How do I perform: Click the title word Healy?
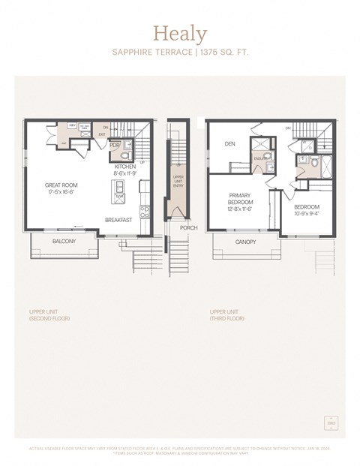(x=179, y=33)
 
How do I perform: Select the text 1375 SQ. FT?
(x=223, y=53)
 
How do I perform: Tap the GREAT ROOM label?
(x=61, y=185)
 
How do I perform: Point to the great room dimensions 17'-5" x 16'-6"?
(x=61, y=192)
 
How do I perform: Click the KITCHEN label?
(x=125, y=167)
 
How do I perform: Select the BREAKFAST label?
(x=118, y=220)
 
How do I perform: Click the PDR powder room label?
(x=115, y=146)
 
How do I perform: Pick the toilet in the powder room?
(x=126, y=146)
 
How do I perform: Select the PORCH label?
(x=189, y=227)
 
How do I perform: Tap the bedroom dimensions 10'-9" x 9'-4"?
(x=306, y=214)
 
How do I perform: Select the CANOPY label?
(x=245, y=242)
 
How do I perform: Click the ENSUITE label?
(x=261, y=158)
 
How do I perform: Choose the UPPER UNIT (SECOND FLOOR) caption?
(x=50, y=314)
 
